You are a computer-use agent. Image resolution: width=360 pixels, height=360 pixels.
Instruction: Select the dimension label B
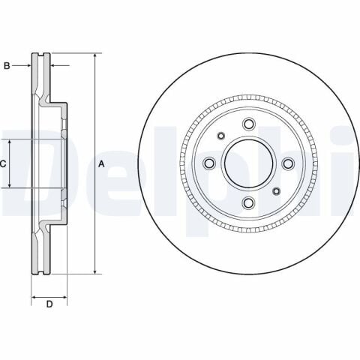click(7, 66)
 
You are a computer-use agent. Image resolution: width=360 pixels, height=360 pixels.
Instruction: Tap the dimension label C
click(4, 163)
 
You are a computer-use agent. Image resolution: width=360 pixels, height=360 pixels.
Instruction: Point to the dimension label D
click(49, 304)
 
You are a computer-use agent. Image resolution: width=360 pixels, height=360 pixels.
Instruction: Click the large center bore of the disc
click(249, 163)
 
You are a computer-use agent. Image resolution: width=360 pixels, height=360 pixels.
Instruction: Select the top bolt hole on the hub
click(249, 124)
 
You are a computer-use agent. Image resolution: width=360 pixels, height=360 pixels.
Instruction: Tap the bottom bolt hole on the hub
click(249, 203)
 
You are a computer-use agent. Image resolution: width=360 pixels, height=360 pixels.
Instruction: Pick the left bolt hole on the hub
click(209, 163)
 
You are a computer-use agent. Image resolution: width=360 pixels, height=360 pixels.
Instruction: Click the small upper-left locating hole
click(220, 136)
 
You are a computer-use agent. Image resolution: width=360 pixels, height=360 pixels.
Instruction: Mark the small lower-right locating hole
click(277, 191)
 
